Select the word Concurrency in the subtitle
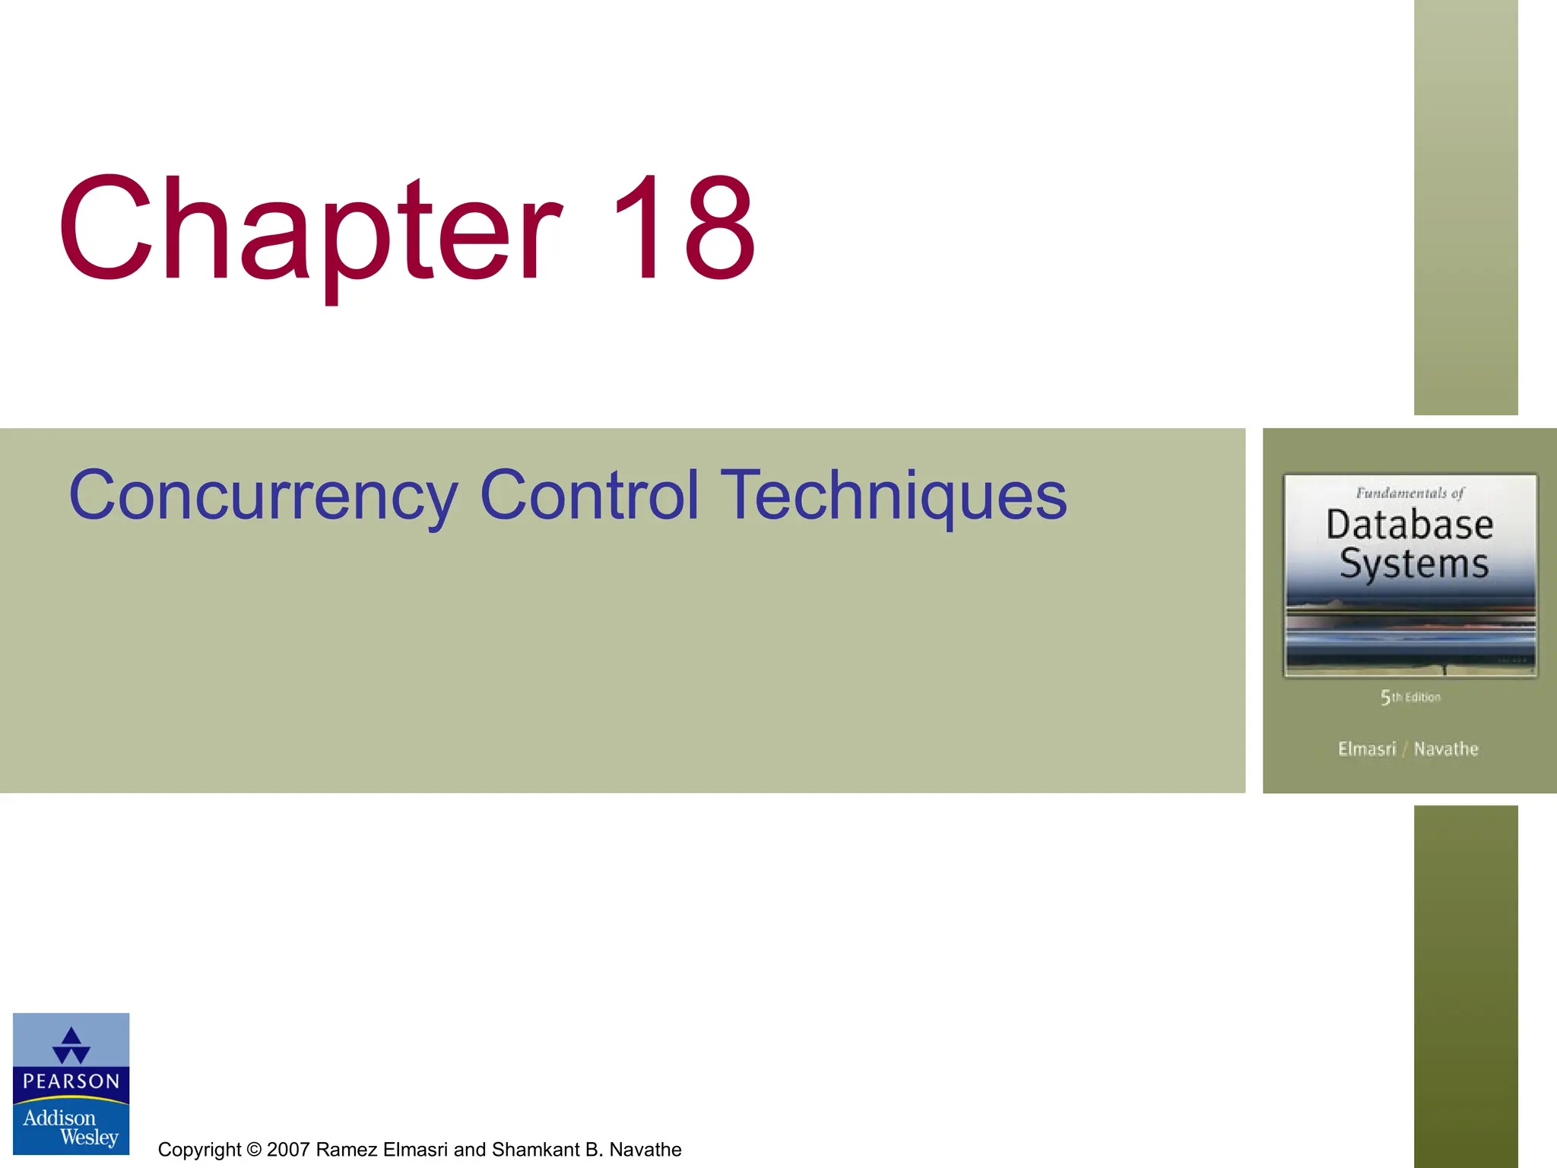(263, 496)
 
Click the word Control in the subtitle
(589, 496)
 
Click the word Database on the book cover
(1410, 525)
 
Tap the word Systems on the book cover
(1413, 564)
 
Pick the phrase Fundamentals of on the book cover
(1410, 493)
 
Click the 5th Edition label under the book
(1411, 697)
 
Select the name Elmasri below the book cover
(1367, 749)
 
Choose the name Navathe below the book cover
(1446, 749)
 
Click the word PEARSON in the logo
(71, 1081)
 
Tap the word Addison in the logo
(59, 1118)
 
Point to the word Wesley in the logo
(90, 1138)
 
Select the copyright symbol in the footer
(254, 1150)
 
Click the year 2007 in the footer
(289, 1150)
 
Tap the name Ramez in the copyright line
(347, 1150)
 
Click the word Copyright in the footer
(199, 1150)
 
